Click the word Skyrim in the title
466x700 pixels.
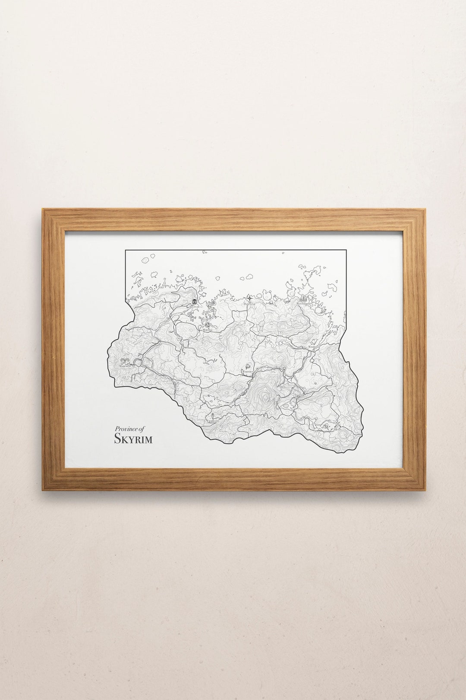(x=133, y=439)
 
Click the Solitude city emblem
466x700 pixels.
(x=195, y=301)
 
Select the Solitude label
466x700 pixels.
(x=194, y=307)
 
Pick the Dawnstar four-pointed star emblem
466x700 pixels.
(x=250, y=298)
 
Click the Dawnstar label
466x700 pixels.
(x=250, y=304)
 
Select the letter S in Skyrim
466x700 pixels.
(x=117, y=439)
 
